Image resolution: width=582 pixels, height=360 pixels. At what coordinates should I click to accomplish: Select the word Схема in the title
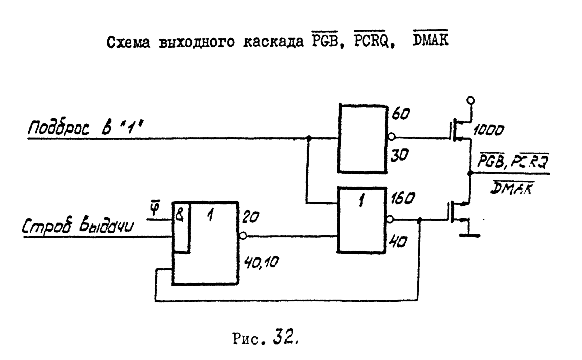128,43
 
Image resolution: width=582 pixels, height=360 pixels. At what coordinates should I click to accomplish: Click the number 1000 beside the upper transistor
489,130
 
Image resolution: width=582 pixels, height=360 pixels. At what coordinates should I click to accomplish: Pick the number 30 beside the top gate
400,156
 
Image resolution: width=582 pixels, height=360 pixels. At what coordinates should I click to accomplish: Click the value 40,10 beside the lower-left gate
261,263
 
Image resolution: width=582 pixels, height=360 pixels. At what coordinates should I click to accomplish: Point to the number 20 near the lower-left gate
251,217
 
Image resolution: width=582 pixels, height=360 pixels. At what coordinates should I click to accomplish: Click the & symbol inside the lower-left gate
180,215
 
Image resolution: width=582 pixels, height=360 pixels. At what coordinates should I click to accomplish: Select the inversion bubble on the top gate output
391,137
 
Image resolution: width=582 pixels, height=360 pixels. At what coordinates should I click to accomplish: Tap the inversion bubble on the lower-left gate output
243,236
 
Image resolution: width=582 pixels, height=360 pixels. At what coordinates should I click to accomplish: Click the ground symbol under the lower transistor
470,235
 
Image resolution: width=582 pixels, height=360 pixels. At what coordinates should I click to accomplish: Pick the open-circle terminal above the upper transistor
471,100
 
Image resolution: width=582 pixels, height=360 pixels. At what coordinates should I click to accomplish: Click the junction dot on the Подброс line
309,138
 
